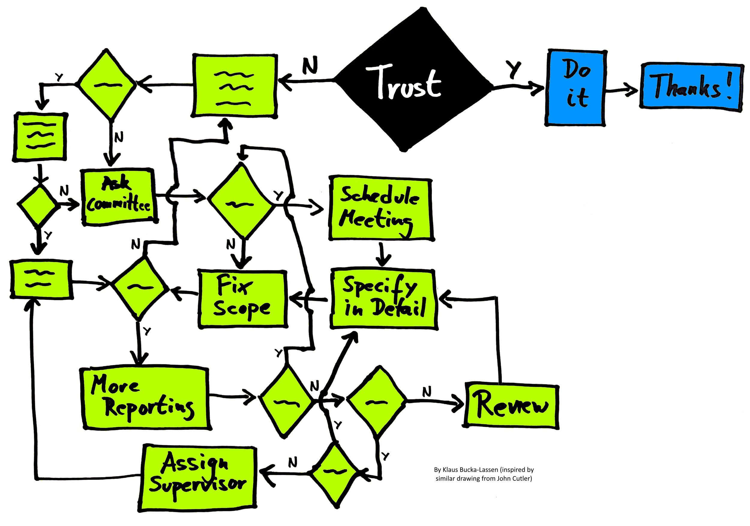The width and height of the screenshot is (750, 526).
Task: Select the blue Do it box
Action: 576,88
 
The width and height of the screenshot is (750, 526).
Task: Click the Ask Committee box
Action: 119,197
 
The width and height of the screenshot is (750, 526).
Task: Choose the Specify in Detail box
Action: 383,298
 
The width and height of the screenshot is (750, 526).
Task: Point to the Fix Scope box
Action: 242,299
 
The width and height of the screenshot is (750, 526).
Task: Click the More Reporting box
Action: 146,398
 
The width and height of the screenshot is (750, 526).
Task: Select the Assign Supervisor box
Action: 198,478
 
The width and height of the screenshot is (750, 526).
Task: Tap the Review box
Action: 511,406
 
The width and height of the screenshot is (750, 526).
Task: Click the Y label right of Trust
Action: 514,69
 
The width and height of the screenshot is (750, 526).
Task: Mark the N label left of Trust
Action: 310,65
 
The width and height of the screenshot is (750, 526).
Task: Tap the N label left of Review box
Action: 427,391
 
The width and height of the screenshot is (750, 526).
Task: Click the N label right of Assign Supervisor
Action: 293,462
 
